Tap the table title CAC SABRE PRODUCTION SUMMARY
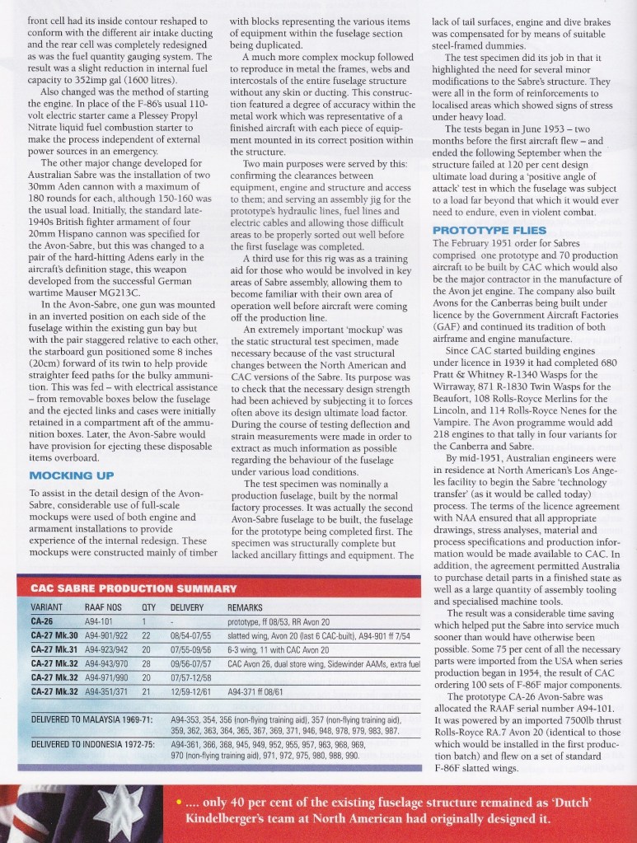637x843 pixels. click(133, 588)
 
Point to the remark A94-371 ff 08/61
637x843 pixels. click(261, 689)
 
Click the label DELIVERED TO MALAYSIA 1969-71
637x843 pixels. click(93, 718)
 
